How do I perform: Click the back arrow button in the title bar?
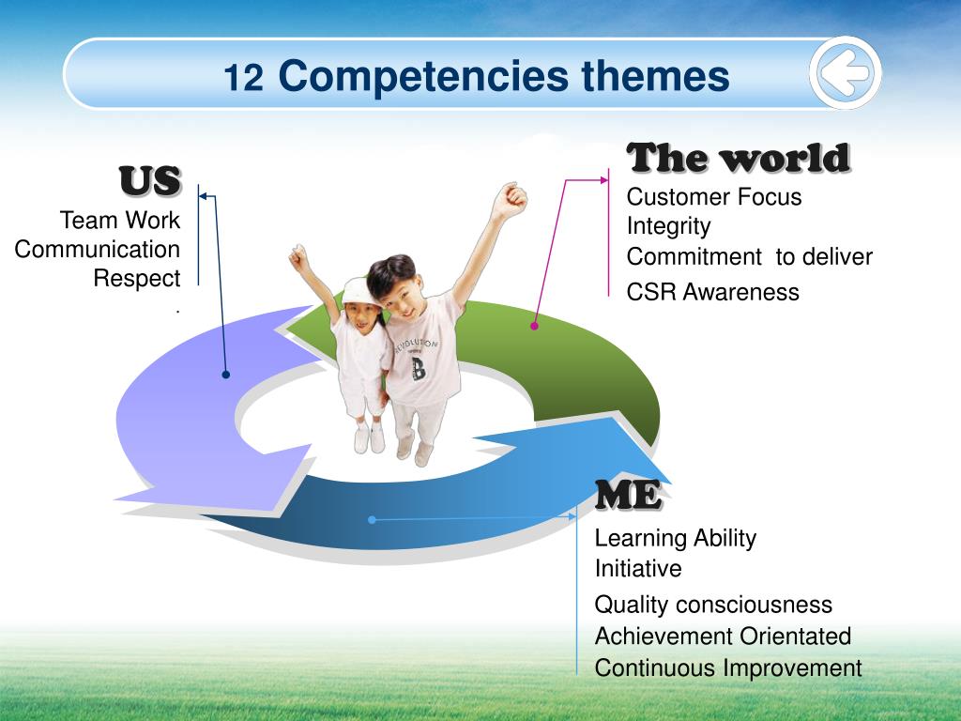point(846,73)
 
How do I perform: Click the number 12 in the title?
point(243,78)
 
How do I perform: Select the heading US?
point(150,181)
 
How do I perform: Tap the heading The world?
point(739,158)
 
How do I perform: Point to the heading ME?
point(628,494)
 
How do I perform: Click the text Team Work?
point(119,220)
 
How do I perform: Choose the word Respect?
point(137,278)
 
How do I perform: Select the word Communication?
point(97,250)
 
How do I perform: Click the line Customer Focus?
point(714,197)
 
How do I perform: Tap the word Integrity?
point(668,226)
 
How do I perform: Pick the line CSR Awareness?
point(713,293)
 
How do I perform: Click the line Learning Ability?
point(676,538)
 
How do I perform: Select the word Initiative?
point(638,568)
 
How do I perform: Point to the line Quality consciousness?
point(713,605)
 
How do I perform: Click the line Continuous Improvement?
point(728,667)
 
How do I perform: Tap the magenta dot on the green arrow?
point(534,326)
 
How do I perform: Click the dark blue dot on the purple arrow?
point(225,375)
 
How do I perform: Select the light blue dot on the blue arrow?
point(372,520)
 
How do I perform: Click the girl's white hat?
point(360,292)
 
